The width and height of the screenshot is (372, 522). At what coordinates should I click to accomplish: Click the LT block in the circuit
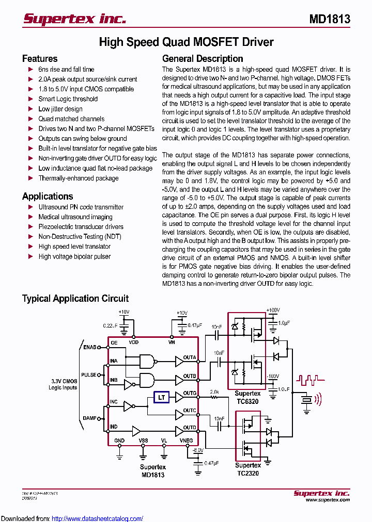pyautogui.click(x=162, y=397)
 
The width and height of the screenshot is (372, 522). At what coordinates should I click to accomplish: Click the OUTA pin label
pyautogui.click(x=190, y=357)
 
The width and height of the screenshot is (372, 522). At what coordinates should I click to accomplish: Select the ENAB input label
pyautogui.click(x=89, y=347)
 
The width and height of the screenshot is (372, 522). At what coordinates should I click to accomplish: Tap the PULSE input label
pyautogui.click(x=88, y=375)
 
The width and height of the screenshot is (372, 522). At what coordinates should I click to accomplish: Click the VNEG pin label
pyautogui.click(x=186, y=441)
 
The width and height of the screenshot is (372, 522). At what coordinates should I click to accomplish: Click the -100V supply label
pyautogui.click(x=272, y=376)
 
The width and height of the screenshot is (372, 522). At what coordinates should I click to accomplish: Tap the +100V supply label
pyautogui.click(x=273, y=311)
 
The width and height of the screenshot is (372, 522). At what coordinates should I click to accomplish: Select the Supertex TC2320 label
pyautogui.click(x=248, y=469)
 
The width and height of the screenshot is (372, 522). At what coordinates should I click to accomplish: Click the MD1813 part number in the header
pyautogui.click(x=330, y=19)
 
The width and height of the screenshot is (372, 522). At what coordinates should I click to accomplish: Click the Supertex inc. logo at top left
pyautogui.click(x=74, y=19)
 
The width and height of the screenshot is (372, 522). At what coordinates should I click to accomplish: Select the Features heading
pyautogui.click(x=40, y=59)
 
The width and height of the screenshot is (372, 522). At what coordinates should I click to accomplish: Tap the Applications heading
pyautogui.click(x=48, y=196)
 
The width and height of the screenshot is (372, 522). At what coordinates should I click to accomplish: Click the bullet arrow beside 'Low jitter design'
pyautogui.click(x=30, y=109)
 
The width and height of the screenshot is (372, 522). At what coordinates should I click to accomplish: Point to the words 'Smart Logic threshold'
pyautogui.click(x=68, y=99)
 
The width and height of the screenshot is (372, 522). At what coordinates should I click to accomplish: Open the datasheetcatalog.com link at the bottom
pyautogui.click(x=98, y=518)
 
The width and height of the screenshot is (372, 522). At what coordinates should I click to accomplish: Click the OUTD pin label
pyautogui.click(x=190, y=427)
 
